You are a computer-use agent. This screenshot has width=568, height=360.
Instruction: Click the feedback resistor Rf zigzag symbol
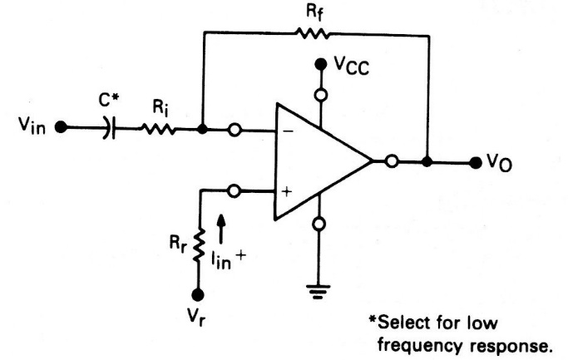[314, 34]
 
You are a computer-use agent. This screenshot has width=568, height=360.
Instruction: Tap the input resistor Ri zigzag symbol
[158, 129]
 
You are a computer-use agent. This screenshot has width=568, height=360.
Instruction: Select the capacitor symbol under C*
[110, 127]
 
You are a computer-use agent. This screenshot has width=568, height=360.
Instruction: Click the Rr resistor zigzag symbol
[199, 244]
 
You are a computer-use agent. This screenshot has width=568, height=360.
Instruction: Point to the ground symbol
[318, 292]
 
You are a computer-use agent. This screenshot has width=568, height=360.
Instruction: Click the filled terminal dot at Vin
[61, 127]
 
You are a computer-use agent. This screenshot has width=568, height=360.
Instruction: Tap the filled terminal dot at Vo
[475, 163]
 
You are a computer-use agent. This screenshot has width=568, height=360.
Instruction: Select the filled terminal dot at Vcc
[320, 65]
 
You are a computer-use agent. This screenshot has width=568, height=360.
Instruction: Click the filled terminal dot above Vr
[198, 295]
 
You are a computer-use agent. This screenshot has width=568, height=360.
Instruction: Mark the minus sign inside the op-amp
[289, 131]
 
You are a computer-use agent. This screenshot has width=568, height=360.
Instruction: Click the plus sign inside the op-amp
[287, 191]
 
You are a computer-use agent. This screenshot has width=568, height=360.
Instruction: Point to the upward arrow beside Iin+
[221, 229]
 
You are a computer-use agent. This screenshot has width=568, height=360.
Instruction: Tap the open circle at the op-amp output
[392, 160]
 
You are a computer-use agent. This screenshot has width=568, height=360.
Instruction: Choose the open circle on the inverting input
[235, 130]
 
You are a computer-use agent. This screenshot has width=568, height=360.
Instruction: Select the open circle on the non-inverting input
[234, 191]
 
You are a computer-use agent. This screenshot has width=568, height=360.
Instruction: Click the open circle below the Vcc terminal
[321, 95]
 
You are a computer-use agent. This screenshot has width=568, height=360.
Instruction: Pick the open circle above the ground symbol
[319, 224]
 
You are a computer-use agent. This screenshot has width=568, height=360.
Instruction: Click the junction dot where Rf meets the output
[427, 161]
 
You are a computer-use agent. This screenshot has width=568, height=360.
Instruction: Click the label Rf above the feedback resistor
[314, 12]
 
